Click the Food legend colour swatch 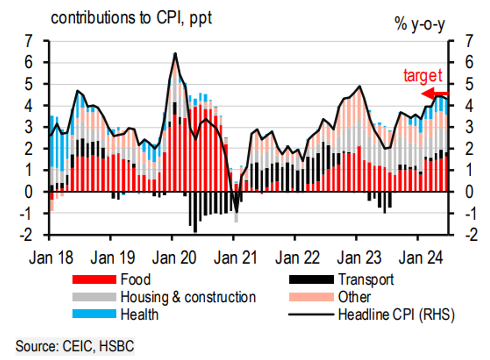(x=94, y=279)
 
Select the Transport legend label (x=366, y=280)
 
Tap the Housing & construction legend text (x=188, y=297)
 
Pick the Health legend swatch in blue (x=94, y=314)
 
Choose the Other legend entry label (x=354, y=297)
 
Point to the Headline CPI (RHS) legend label (x=396, y=314)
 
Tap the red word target (x=423, y=76)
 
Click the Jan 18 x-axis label (x=51, y=258)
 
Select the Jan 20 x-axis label (x=174, y=258)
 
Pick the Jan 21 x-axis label (x=236, y=258)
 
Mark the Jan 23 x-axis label (x=359, y=258)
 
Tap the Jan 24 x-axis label (x=420, y=258)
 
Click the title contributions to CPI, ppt (x=131, y=18)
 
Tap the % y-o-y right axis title (x=420, y=24)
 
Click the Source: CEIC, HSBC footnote (x=75, y=346)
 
